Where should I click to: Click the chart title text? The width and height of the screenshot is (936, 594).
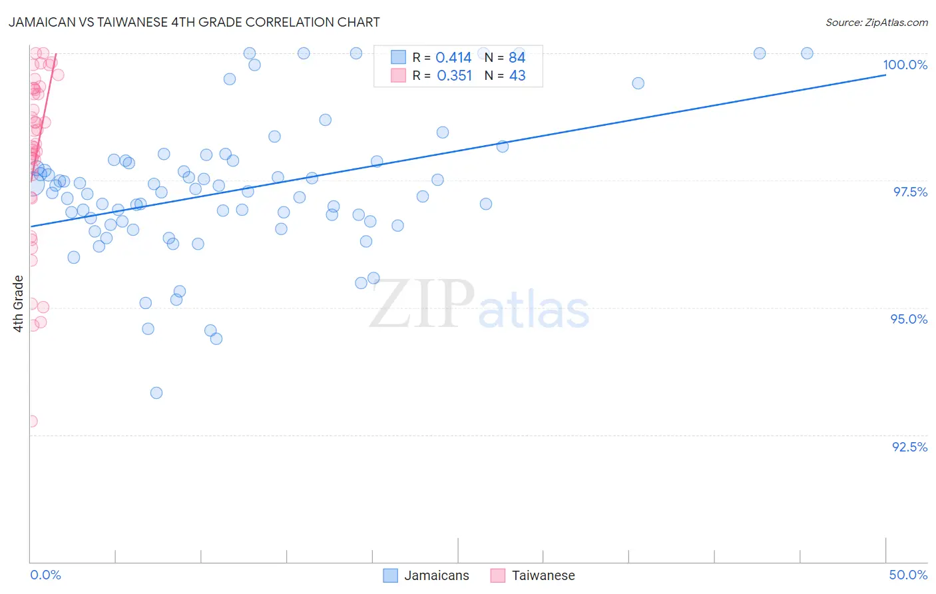tap(194, 22)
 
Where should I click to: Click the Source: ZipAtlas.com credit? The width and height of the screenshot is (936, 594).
tap(876, 22)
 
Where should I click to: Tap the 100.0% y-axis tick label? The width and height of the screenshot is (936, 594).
tap(905, 65)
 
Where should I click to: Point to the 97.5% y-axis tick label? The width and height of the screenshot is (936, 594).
tap(909, 192)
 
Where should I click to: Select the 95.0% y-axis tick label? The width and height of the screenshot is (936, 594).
tap(909, 319)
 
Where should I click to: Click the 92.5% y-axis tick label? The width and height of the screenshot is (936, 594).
tap(909, 447)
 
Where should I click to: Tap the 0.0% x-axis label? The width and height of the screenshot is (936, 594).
tap(45, 575)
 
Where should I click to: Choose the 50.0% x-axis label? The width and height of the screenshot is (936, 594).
tap(908, 575)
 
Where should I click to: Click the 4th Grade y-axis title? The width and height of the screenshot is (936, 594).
tap(19, 304)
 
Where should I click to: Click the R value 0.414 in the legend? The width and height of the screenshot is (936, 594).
tap(453, 58)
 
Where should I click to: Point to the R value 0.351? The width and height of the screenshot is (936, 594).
tap(454, 76)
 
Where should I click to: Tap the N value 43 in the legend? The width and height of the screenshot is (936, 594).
tap(517, 76)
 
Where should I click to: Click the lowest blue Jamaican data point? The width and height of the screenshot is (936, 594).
tap(156, 393)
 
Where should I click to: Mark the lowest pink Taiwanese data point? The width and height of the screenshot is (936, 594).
tap(31, 422)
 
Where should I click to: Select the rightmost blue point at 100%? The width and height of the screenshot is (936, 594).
tap(807, 53)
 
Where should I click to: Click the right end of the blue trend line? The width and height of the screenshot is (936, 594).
tap(885, 75)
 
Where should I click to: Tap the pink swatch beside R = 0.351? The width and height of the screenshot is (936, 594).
tap(398, 75)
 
